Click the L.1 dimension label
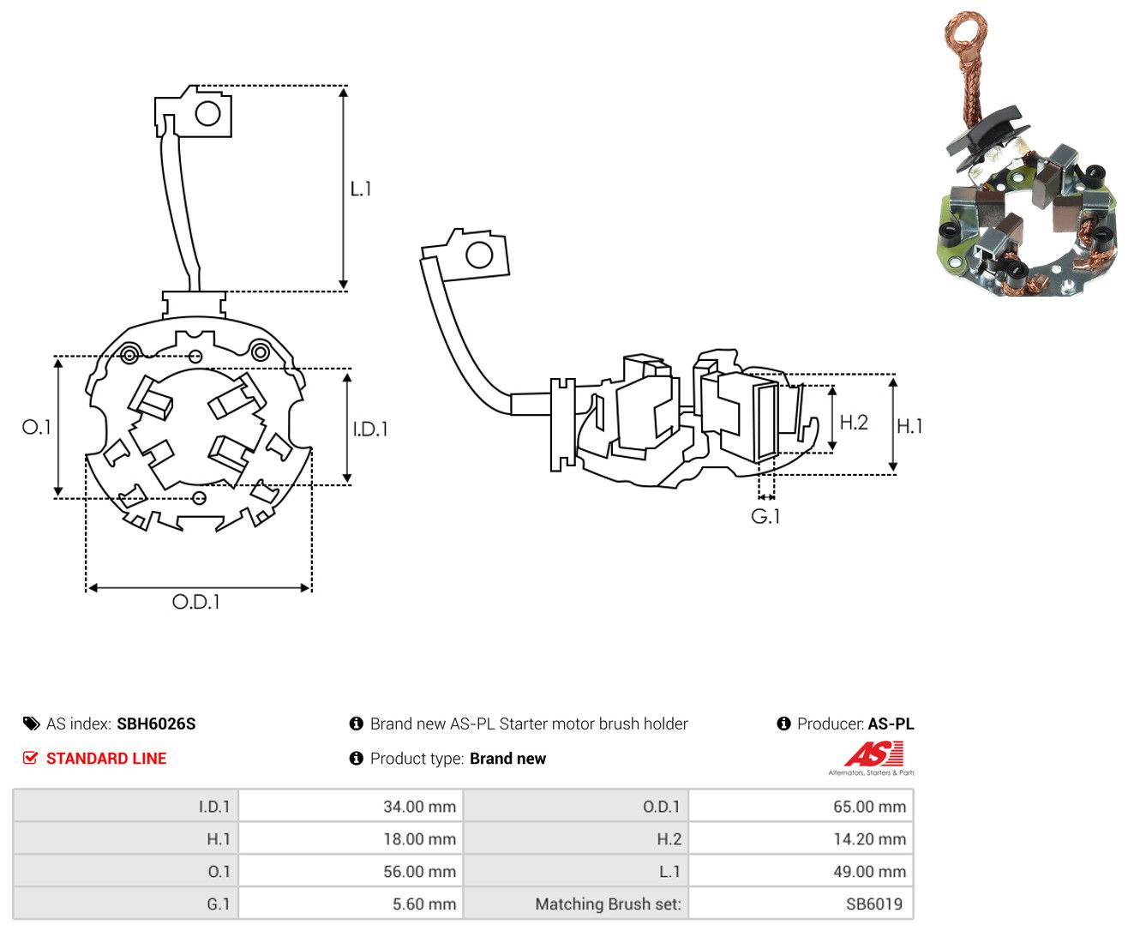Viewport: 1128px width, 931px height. coord(360,189)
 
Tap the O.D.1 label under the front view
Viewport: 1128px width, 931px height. coord(195,602)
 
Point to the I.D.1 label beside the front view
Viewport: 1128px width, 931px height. coord(370,429)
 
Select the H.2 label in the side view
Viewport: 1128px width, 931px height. coord(854,422)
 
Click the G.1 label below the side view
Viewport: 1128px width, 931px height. coord(765,517)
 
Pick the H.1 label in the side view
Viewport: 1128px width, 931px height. coord(909,426)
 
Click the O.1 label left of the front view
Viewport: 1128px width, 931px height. coord(36,427)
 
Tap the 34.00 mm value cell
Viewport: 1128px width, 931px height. coord(351,806)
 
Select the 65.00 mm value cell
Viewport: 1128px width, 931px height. coord(801,806)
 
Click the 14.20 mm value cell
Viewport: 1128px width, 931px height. coord(801,838)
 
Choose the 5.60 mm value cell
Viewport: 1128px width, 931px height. coord(351,904)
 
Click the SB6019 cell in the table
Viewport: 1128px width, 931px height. coord(801,904)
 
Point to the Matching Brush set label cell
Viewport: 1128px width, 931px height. coord(576,904)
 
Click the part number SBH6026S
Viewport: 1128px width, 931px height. coord(156,724)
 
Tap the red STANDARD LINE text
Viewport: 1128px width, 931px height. coord(106,758)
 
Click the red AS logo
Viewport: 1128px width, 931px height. coord(873,754)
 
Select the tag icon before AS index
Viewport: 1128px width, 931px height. coord(32,724)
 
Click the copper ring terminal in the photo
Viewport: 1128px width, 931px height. coord(967,33)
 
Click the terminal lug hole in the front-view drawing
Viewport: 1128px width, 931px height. coord(207,114)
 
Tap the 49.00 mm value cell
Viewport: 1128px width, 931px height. coord(801,871)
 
